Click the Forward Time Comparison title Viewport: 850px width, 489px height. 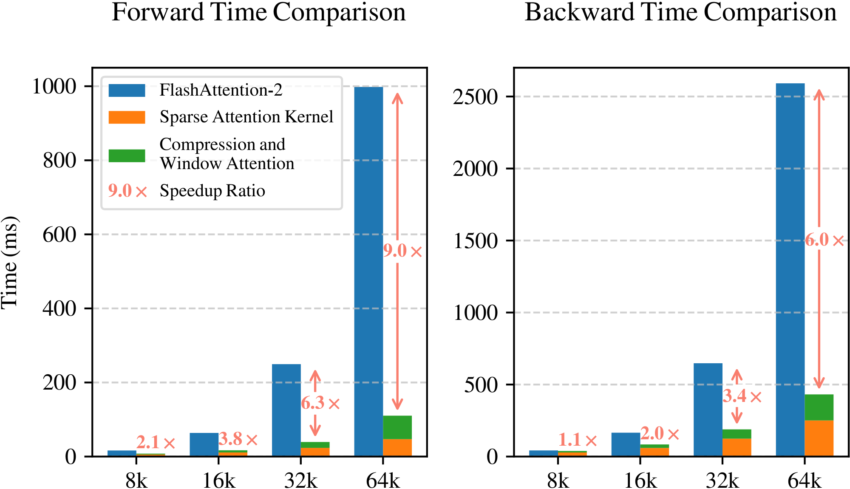tap(258, 13)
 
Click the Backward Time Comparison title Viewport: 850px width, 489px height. tap(680, 13)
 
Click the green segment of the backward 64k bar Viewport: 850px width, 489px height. tap(819, 407)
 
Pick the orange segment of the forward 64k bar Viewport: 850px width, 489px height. tap(397, 447)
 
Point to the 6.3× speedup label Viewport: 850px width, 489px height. tap(320, 403)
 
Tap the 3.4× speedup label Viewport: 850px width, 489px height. tap(742, 396)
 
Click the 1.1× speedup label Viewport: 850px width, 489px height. tap(577, 440)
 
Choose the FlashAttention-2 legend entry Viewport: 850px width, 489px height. tap(221, 90)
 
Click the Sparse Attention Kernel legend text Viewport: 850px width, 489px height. tap(246, 117)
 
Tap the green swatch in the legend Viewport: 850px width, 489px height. tap(127, 155)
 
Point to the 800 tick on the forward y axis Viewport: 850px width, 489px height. tap(59, 161)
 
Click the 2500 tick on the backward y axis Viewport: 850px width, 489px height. tap(475, 97)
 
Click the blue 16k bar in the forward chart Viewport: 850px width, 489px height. tap(204, 444)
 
